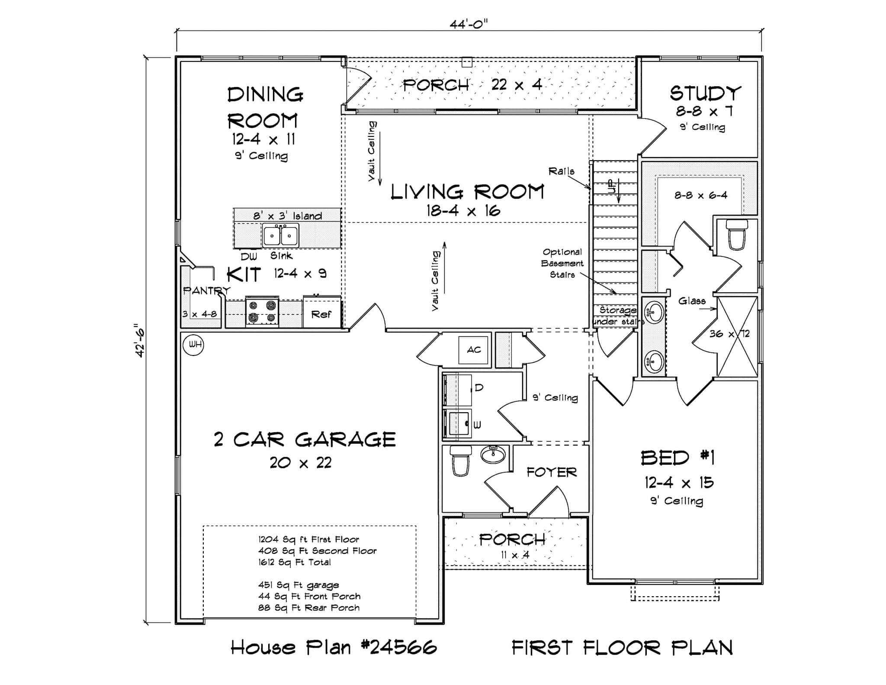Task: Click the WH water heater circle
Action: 193,345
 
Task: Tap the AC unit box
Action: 474,349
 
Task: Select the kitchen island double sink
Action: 280,236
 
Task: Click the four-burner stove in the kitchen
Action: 262,312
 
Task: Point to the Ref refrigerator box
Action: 321,313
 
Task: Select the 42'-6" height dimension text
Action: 140,340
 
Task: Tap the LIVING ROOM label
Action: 467,192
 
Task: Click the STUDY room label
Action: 705,93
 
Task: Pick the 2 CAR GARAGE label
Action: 305,439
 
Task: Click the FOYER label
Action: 552,472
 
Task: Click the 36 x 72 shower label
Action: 729,334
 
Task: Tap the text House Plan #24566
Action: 334,648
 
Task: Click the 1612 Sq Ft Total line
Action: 295,562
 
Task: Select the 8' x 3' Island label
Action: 288,216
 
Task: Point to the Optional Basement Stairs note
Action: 562,263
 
